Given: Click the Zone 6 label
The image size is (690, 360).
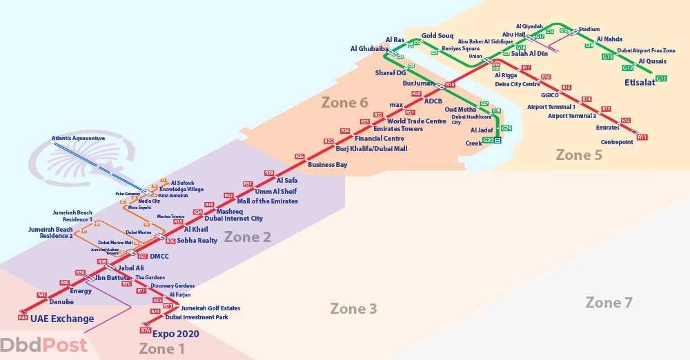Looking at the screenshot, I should tap(344, 103).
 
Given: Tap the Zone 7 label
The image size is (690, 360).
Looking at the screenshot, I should tap(609, 302).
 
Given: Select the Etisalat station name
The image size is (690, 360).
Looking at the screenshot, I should tap(640, 82).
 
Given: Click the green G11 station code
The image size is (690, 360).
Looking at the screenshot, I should tap(661, 79).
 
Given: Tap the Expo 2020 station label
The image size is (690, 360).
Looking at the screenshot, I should tap(180, 334).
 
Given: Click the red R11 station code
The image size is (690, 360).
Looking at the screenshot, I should tap(642, 137).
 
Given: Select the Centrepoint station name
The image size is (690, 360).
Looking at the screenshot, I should tap(617, 142).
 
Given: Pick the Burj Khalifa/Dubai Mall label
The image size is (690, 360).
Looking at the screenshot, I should tap(371, 148).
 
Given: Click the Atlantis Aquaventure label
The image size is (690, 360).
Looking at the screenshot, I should tap(78, 138).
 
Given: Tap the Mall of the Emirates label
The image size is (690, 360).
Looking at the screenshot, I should tap(267, 201).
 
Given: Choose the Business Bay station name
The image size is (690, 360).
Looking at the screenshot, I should tap(327, 165).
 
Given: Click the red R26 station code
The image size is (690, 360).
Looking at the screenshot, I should tap(299, 157).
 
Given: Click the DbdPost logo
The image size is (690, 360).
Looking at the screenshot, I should tap(44, 345).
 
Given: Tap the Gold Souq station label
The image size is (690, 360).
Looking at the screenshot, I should tap(437, 35).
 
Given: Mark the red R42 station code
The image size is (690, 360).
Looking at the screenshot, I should tap(23, 317).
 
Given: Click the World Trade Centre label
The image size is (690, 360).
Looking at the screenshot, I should tap(416, 121).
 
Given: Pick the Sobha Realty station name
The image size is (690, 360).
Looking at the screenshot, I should tap(197, 241).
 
